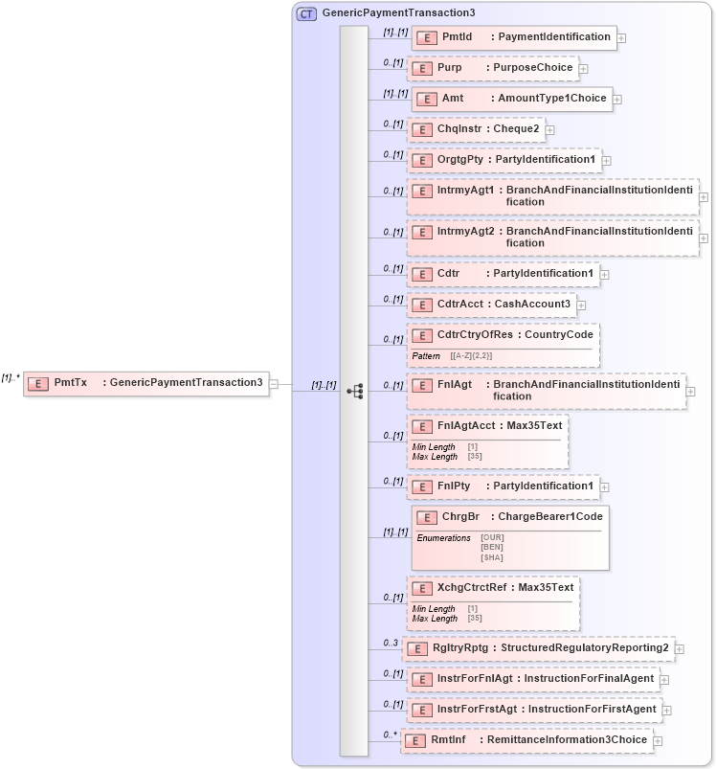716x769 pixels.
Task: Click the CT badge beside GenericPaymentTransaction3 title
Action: click(x=306, y=13)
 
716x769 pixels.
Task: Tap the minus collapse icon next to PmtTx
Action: click(x=275, y=383)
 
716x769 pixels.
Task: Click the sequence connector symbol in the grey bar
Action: click(x=354, y=391)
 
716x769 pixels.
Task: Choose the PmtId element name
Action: click(x=457, y=37)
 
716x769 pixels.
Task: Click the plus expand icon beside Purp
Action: click(x=583, y=69)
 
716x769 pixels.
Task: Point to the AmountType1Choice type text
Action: click(x=550, y=99)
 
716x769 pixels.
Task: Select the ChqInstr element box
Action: click(x=475, y=129)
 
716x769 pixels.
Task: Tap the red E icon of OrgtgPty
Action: click(x=421, y=160)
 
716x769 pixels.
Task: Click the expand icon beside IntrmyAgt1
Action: click(x=704, y=197)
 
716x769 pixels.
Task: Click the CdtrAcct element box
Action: click(x=491, y=305)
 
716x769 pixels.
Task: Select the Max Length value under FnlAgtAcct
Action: click(x=474, y=457)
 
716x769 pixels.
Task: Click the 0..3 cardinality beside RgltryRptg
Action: click(x=391, y=643)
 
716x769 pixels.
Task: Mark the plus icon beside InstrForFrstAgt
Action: click(x=667, y=711)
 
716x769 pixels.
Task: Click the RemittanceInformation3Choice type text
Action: click(x=567, y=740)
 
